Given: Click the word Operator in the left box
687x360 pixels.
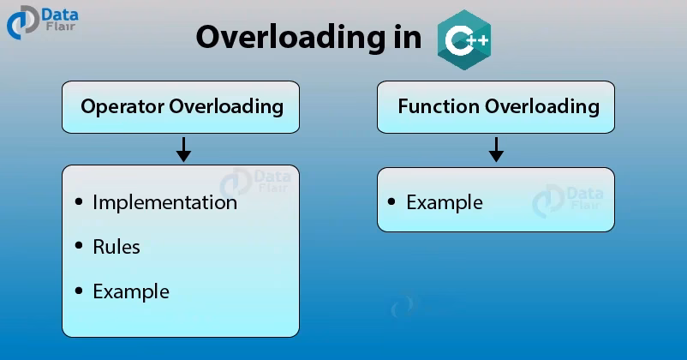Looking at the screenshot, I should (122, 106).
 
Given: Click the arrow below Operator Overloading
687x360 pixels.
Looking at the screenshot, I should (182, 149).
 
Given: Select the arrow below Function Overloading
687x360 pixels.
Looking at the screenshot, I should (496, 149).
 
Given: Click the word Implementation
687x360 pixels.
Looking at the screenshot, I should (164, 202).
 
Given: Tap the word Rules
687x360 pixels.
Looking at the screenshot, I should (116, 247).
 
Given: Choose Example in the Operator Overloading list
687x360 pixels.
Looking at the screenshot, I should (130, 291).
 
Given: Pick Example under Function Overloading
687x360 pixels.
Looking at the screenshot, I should (444, 202).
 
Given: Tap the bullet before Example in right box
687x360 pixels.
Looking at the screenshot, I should (391, 202).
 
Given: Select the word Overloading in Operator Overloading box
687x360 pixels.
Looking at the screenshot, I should (226, 106).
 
